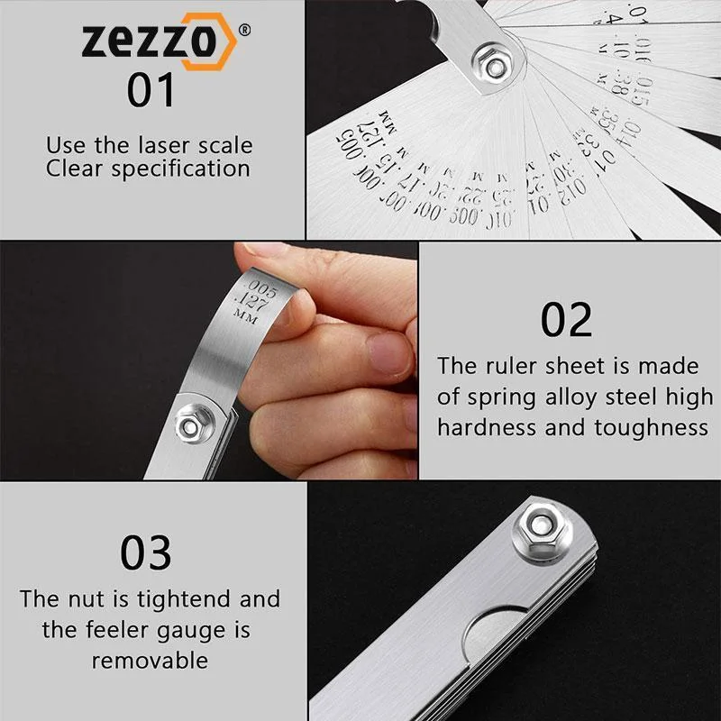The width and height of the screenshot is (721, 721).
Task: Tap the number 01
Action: [x=151, y=91]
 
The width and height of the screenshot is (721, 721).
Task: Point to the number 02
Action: [x=566, y=320]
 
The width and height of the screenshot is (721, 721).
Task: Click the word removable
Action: [x=150, y=660]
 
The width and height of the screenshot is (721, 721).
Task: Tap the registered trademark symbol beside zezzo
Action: [x=244, y=28]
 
